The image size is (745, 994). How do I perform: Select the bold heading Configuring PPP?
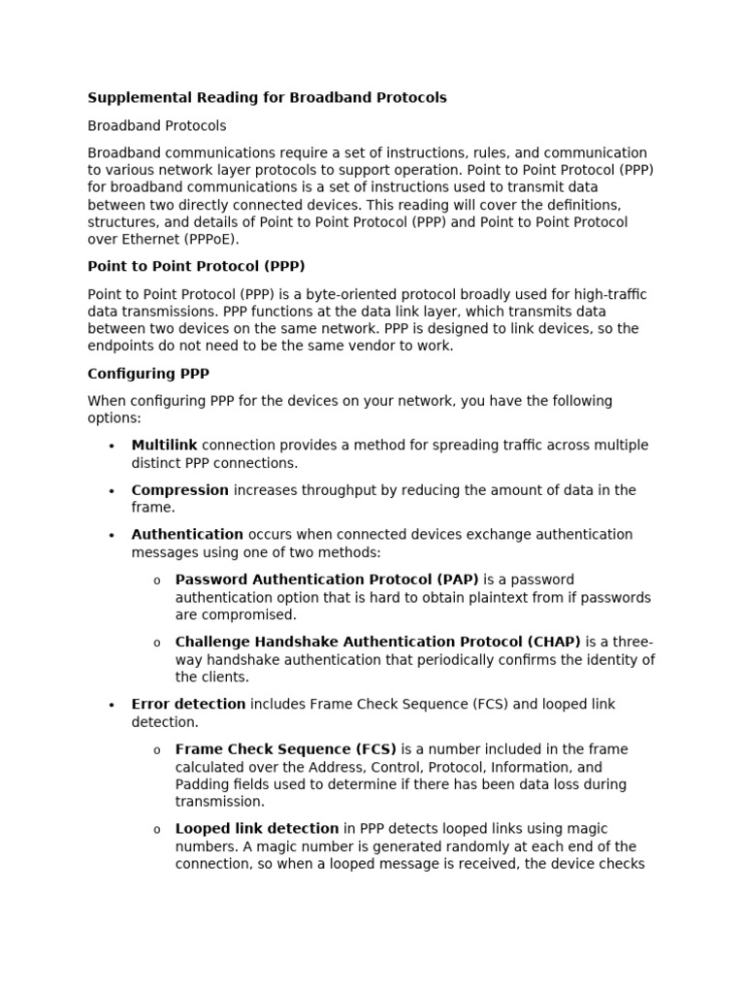coord(148,374)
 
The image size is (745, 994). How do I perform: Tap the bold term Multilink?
coord(164,446)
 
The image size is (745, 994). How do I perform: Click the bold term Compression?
coord(179,490)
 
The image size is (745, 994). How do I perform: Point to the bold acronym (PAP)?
coord(456,580)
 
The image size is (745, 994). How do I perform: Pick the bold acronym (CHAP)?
coord(554,642)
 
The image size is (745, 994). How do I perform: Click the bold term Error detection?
coord(188,705)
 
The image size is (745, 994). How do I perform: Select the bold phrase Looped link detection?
coord(257,829)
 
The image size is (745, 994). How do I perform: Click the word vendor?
coord(373,346)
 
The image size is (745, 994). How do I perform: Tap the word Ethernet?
coord(147,239)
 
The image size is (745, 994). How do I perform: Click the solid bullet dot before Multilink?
coord(112,447)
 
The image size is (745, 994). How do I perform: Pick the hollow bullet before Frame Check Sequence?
coord(156,750)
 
